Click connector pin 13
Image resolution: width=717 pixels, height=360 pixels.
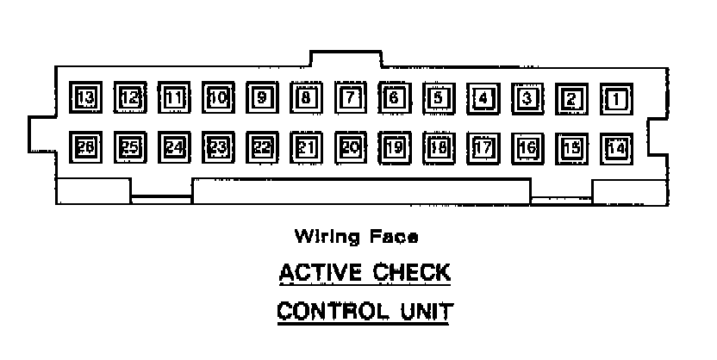[x=86, y=97]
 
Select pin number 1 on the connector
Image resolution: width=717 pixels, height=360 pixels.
[x=616, y=98]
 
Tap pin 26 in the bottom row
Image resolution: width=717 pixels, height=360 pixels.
[x=86, y=147]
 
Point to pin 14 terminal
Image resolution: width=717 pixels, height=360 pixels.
[x=616, y=148]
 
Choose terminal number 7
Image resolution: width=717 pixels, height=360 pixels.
[x=351, y=97]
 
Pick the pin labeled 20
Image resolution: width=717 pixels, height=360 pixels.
[x=351, y=147]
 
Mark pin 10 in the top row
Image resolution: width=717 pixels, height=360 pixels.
[x=218, y=97]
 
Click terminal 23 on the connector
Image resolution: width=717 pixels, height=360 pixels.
[x=218, y=147]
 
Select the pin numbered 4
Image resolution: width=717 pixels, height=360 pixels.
[x=483, y=98]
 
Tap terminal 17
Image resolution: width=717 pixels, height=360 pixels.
[x=483, y=148]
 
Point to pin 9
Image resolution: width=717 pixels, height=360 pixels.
[x=262, y=97]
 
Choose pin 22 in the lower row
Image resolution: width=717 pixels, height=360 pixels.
[x=262, y=147]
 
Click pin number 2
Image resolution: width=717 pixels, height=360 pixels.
[x=571, y=98]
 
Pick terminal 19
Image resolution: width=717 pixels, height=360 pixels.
[x=395, y=147]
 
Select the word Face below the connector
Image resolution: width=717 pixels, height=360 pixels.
[x=396, y=235]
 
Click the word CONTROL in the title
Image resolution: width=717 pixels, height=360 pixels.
[x=325, y=309]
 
